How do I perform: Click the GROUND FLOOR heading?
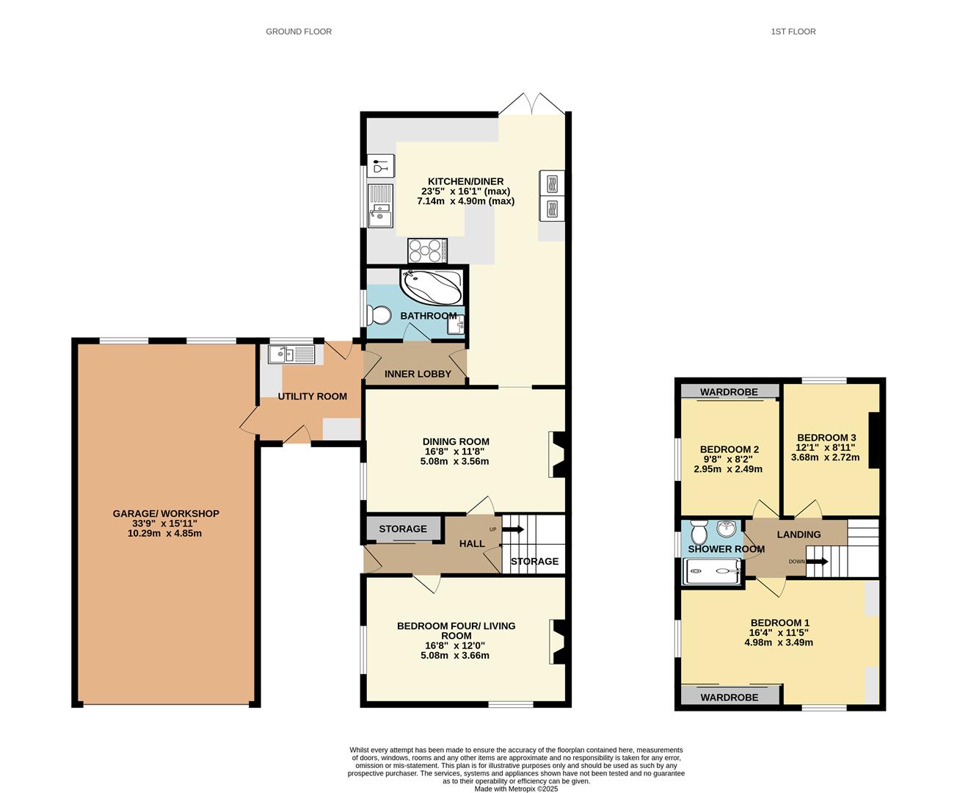pos(299,32)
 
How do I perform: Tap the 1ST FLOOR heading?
pos(793,32)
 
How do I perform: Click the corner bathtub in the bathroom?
pos(432,286)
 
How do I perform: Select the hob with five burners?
pos(427,250)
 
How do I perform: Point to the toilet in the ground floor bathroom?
pos(379,315)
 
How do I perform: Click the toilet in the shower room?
pos(699,532)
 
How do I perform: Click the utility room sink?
pos(291,354)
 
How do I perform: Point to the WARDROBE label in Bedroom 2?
pos(729,392)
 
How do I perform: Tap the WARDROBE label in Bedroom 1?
pos(729,698)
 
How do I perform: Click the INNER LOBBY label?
pos(418,374)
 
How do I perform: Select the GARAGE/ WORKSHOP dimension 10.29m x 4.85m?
pos(164,533)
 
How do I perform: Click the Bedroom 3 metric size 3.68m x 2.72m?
pos(825,457)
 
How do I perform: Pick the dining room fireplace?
pos(557,455)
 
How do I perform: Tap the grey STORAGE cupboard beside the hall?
pos(404,529)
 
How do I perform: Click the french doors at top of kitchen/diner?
pos(532,104)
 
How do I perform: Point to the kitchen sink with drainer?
pos(380,206)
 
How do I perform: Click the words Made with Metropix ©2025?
pos(516,789)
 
